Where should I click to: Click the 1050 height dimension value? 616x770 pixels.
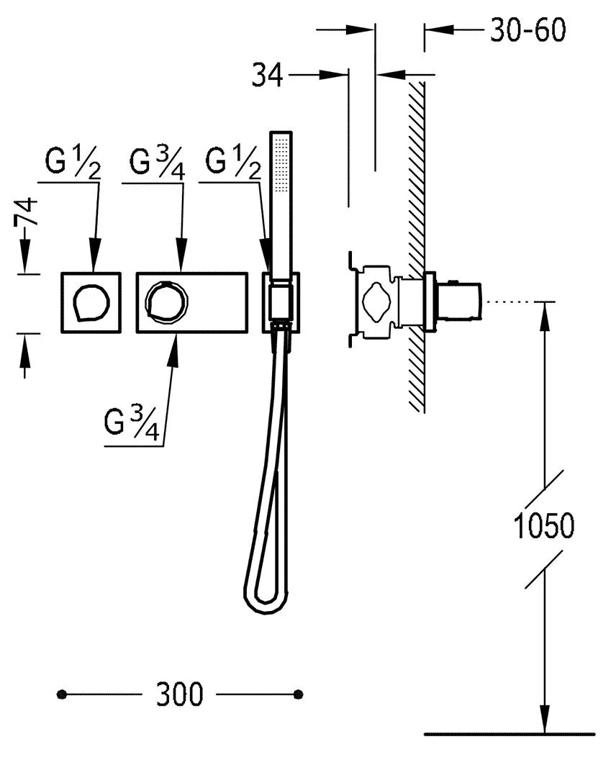(545, 525)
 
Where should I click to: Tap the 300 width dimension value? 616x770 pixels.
(180, 694)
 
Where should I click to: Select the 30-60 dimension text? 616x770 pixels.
(528, 30)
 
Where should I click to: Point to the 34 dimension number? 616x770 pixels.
(267, 75)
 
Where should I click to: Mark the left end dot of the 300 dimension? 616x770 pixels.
(62, 694)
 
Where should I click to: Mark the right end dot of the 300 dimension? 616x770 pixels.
(299, 694)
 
